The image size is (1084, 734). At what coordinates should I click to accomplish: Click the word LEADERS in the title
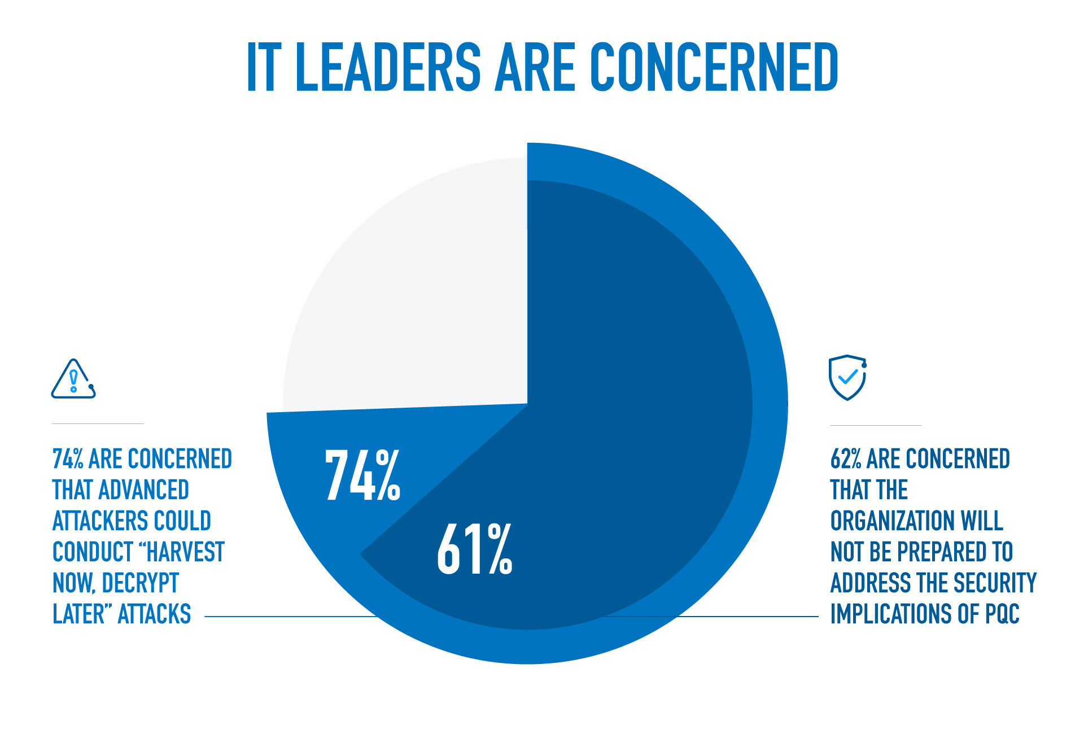(388, 68)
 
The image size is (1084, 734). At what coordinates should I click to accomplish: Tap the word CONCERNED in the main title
(714, 68)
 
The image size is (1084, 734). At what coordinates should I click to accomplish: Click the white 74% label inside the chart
(363, 475)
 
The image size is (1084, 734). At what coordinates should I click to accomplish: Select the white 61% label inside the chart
(475, 549)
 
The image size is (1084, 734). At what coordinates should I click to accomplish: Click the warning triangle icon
(73, 379)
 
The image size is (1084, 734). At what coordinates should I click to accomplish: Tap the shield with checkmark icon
(847, 377)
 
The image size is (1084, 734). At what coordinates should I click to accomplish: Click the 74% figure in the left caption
(68, 459)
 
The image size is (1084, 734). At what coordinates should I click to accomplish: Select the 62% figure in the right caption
(846, 459)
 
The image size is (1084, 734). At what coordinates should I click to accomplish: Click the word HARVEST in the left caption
(186, 552)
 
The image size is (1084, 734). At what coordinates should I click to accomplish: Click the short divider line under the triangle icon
(98, 423)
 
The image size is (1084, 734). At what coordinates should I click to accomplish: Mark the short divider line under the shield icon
(876, 425)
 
